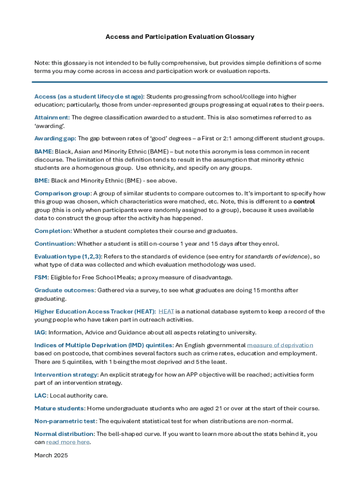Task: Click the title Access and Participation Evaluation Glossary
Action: pyautogui.click(x=180, y=36)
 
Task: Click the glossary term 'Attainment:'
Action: pyautogui.click(x=52, y=117)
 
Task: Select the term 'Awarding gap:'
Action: pyautogui.click(x=55, y=138)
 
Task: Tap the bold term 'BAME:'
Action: pyautogui.click(x=44, y=152)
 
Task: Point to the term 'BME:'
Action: pyautogui.click(x=42, y=181)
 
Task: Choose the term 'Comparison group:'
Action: pyautogui.click(x=63, y=193)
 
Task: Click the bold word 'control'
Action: pyautogui.click(x=304, y=202)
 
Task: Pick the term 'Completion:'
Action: pyautogui.click(x=53, y=231)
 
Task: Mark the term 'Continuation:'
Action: pyautogui.click(x=55, y=244)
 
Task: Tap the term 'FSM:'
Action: pyautogui.click(x=41, y=277)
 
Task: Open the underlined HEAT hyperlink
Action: pyautogui.click(x=166, y=312)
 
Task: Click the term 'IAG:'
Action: pyautogui.click(x=40, y=333)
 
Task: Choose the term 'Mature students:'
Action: pyautogui.click(x=60, y=408)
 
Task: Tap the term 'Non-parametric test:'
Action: pyautogui.click(x=65, y=421)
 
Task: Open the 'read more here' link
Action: pyautogui.click(x=68, y=442)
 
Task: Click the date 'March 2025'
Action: pyautogui.click(x=51, y=455)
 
